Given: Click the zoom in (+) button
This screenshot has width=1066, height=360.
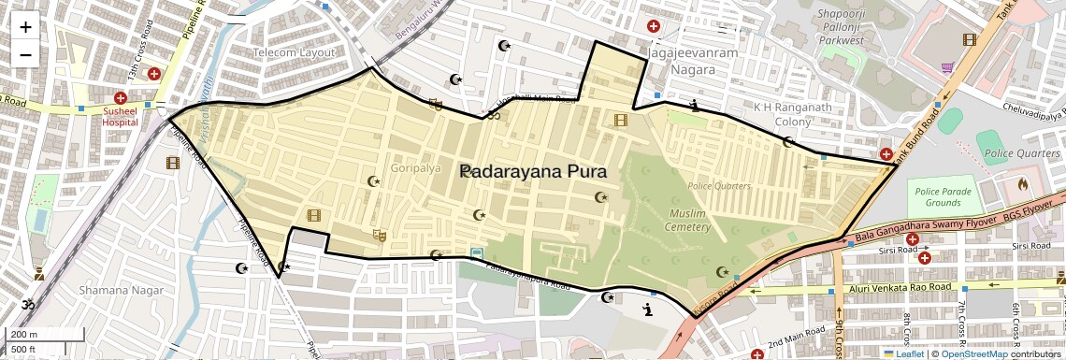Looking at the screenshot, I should [25, 27].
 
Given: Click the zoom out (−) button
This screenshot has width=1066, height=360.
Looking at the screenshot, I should [25, 54].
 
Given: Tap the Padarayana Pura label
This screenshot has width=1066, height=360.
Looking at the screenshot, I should [534, 172].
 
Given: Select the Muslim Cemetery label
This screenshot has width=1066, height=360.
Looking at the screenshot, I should [690, 221].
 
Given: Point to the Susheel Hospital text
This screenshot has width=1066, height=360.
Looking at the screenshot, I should [120, 116].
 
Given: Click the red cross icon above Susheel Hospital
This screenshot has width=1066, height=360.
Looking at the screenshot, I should [120, 98].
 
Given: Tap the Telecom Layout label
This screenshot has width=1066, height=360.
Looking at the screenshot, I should [294, 52].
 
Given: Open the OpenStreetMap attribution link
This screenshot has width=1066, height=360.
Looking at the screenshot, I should [974, 353].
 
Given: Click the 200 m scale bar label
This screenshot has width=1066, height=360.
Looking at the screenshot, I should [24, 335].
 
